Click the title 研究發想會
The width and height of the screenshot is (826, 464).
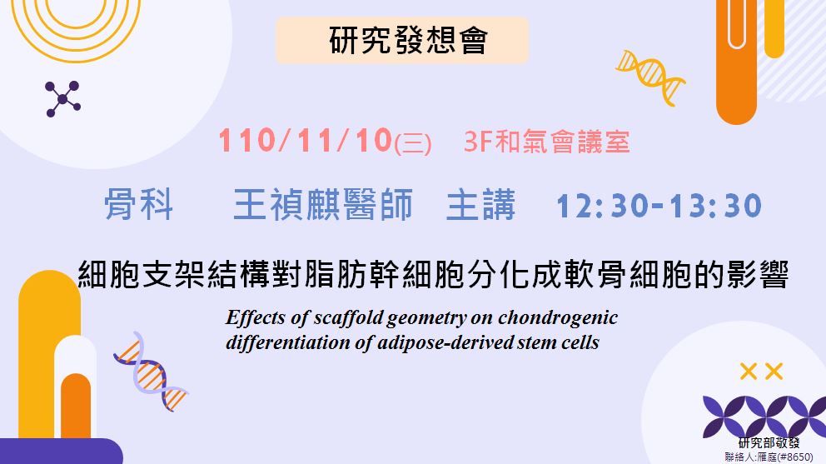[x=408, y=41]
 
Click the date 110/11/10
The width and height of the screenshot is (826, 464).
[x=306, y=141]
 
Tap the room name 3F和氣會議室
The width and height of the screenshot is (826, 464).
[x=547, y=142]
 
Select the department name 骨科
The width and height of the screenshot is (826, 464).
[x=138, y=205]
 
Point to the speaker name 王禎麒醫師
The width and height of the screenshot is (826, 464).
[x=323, y=205]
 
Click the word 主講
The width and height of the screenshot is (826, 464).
[x=480, y=205]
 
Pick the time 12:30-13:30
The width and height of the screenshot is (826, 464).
[x=659, y=206]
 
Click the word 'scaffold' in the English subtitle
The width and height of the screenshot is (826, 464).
[x=348, y=317]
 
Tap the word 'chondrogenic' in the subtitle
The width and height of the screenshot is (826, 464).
[x=558, y=318]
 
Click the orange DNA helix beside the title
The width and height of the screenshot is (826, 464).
[x=651, y=77]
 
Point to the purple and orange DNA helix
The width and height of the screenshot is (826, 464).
[x=151, y=372]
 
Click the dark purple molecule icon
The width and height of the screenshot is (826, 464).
[x=62, y=98]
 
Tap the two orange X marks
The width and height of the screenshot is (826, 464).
[x=761, y=372]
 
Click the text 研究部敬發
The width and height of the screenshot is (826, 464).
[x=769, y=443]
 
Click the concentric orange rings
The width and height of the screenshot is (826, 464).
[x=76, y=27]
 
